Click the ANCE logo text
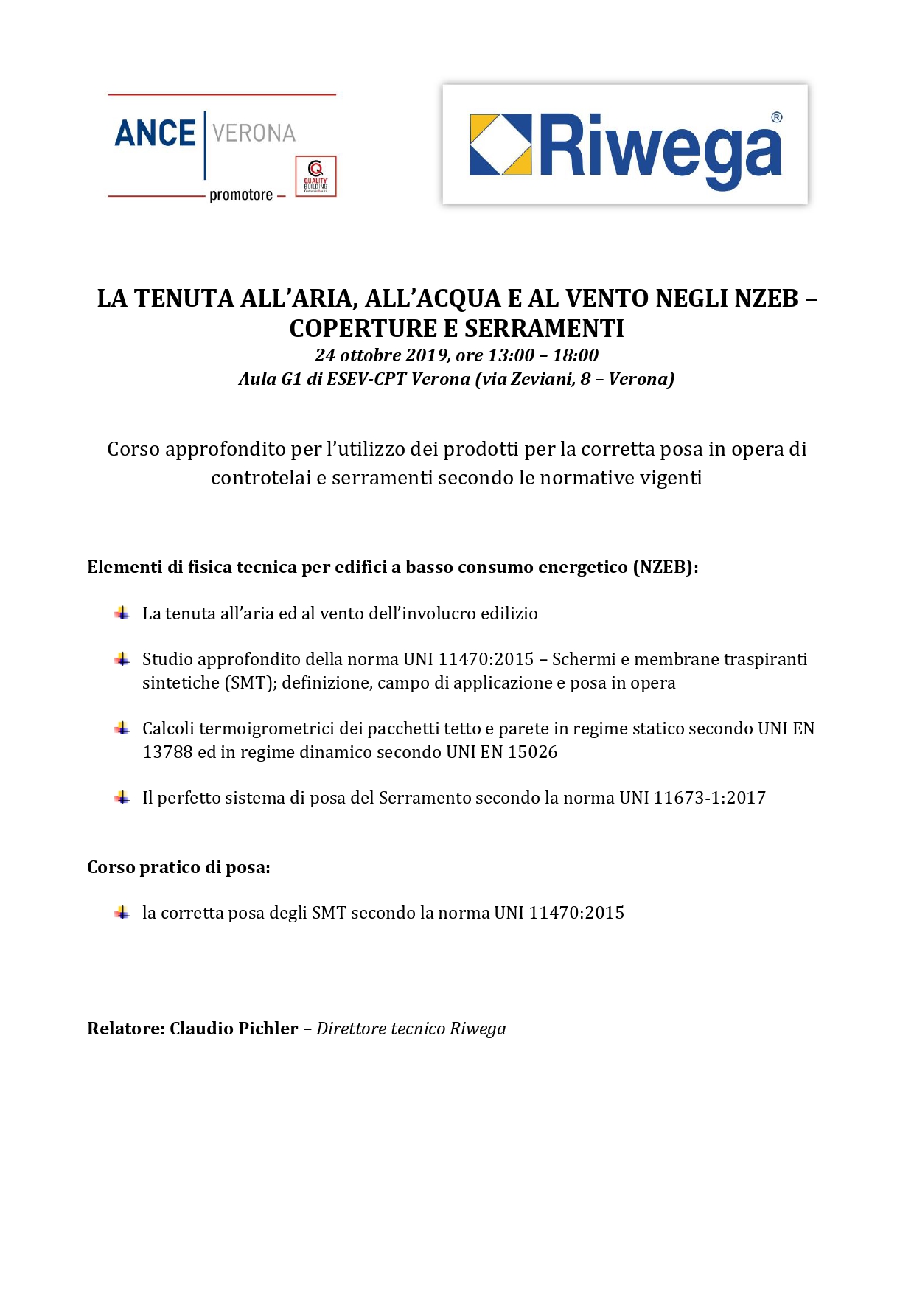(155, 133)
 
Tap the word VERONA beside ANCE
(254, 133)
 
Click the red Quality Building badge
(315, 176)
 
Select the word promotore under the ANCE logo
(241, 195)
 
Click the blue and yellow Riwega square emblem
(500, 145)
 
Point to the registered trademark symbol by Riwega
(776, 117)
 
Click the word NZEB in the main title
(767, 299)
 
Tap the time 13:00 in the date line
(511, 355)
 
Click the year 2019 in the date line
(426, 355)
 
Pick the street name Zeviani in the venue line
(542, 379)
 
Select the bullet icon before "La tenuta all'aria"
(122, 613)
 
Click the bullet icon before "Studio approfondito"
(122, 659)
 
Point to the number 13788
(167, 752)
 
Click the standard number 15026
(532, 752)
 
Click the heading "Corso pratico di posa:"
(178, 867)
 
